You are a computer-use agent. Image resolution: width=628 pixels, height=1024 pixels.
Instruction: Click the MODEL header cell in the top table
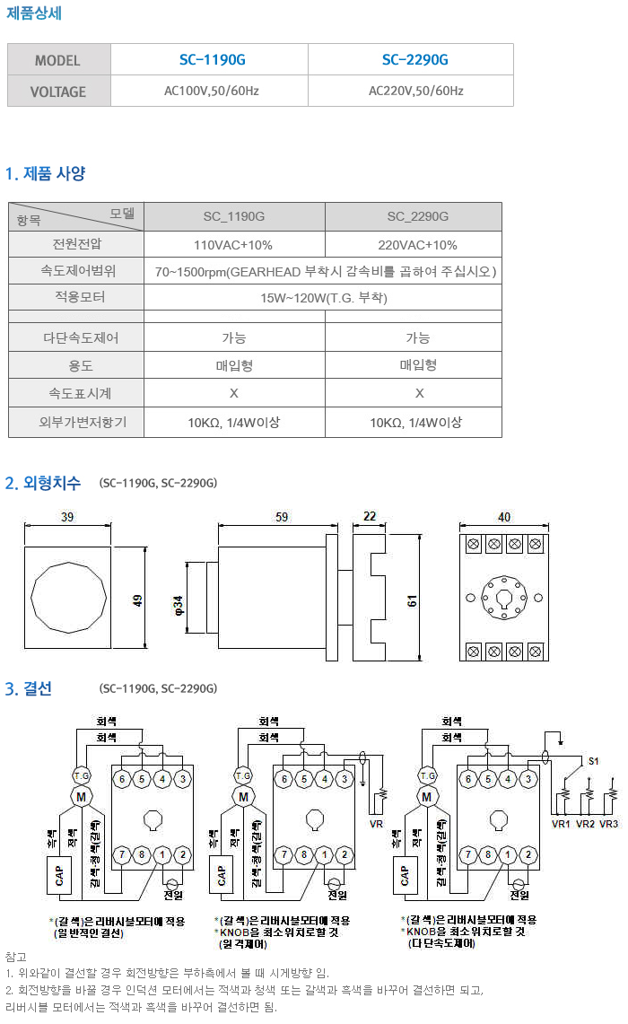(58, 61)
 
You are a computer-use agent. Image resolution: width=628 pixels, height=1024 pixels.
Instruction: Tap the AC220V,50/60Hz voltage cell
(415, 92)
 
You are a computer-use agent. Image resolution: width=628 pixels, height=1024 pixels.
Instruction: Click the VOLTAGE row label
(58, 92)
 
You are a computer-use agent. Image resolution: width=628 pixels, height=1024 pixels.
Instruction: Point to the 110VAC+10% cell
(233, 245)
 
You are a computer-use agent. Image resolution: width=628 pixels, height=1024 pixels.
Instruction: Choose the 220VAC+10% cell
(417, 245)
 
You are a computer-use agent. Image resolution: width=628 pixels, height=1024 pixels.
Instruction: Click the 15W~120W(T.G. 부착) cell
(324, 298)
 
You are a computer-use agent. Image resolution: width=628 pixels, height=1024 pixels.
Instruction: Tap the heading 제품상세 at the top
(34, 13)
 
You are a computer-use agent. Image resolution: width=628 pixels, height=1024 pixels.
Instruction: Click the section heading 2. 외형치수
(43, 483)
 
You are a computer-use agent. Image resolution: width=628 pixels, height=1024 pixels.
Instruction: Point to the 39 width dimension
(67, 518)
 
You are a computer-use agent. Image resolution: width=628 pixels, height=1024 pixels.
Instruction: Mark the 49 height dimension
(138, 600)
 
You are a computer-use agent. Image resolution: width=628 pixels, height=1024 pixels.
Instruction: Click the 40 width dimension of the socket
(503, 518)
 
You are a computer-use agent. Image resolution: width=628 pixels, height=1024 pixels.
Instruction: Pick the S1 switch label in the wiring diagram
(593, 760)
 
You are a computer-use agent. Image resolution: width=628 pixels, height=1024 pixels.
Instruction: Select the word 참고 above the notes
(16, 957)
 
